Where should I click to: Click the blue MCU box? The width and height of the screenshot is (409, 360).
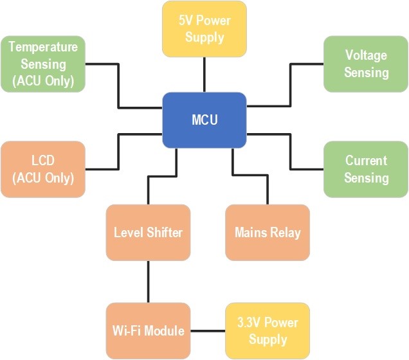tap(204, 120)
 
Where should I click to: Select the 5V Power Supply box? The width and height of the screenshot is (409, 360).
tap(204, 29)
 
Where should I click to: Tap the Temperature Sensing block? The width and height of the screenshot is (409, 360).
tap(42, 64)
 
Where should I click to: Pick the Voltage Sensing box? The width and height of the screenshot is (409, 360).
tap(365, 64)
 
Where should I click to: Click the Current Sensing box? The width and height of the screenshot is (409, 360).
tap(365, 169)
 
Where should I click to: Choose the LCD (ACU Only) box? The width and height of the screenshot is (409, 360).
tap(42, 169)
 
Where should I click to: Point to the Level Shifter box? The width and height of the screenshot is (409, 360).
tap(148, 232)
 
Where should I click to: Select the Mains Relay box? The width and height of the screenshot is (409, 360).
tap(267, 232)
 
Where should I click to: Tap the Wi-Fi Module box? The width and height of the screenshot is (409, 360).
tap(148, 330)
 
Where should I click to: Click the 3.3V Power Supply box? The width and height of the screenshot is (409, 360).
tap(267, 330)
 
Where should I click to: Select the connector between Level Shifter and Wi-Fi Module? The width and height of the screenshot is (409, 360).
tap(148, 282)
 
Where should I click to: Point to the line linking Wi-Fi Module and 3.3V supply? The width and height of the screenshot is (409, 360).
tap(208, 331)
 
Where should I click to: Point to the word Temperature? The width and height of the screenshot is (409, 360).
tap(42, 47)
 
